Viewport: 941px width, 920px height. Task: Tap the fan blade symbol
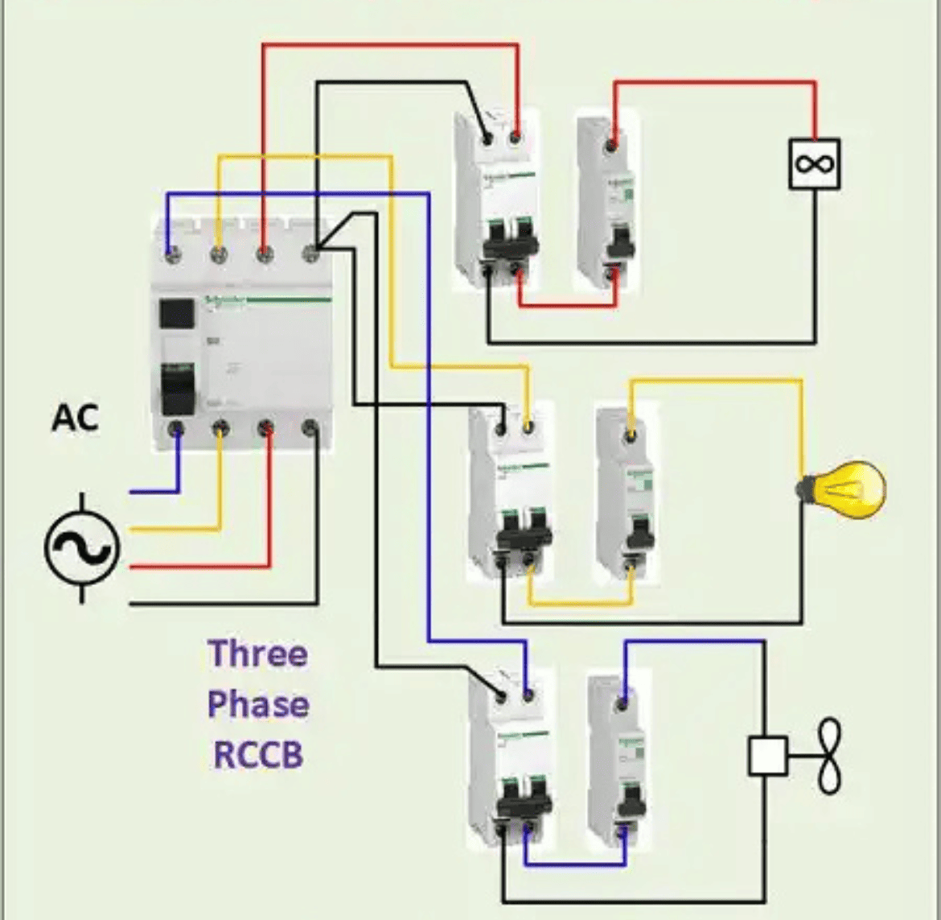(x=829, y=756)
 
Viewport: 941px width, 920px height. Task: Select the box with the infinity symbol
(x=814, y=164)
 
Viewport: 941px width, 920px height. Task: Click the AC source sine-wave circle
(x=81, y=549)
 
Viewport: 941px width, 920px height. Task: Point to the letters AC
(x=76, y=418)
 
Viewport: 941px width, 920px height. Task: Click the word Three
(x=257, y=654)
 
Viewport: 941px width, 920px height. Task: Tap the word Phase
(x=257, y=705)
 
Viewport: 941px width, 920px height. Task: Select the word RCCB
(x=257, y=755)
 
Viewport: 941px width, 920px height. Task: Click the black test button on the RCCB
(x=176, y=314)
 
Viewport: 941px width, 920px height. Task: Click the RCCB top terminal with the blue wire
(x=171, y=255)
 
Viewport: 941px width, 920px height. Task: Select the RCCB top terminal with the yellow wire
(x=218, y=255)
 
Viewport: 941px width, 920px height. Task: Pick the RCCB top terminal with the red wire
(x=264, y=255)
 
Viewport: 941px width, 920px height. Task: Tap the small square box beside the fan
(x=767, y=756)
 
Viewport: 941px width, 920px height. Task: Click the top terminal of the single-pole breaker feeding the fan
(x=622, y=705)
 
